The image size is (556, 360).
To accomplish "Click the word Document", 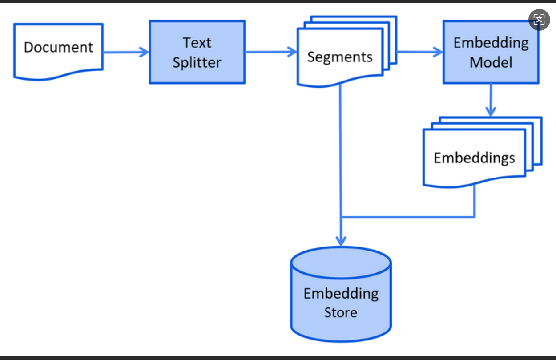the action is [x=58, y=47].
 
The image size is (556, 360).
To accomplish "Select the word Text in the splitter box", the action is [x=197, y=42].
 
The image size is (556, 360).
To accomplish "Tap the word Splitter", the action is [x=197, y=62].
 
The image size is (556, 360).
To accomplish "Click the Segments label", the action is [x=340, y=57].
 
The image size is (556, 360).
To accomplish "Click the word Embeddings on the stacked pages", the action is [x=474, y=158].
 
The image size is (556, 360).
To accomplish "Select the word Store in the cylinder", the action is [x=341, y=312].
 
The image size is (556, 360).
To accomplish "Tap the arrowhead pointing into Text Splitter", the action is [x=145, y=52].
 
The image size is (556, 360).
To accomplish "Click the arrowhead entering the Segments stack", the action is [x=292, y=52].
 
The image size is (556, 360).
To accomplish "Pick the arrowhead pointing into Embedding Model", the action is [x=438, y=52].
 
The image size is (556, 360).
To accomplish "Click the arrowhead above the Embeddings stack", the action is [x=491, y=112].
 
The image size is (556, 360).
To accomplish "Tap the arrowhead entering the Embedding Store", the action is [x=341, y=241].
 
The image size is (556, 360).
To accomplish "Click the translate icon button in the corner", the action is [x=539, y=20].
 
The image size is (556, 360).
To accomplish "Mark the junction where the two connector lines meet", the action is [x=341, y=217].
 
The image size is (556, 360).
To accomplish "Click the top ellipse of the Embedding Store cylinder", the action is [x=341, y=248].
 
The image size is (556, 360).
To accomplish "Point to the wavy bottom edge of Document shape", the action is [x=59, y=74].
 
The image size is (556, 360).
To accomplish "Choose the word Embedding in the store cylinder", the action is [x=341, y=294].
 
